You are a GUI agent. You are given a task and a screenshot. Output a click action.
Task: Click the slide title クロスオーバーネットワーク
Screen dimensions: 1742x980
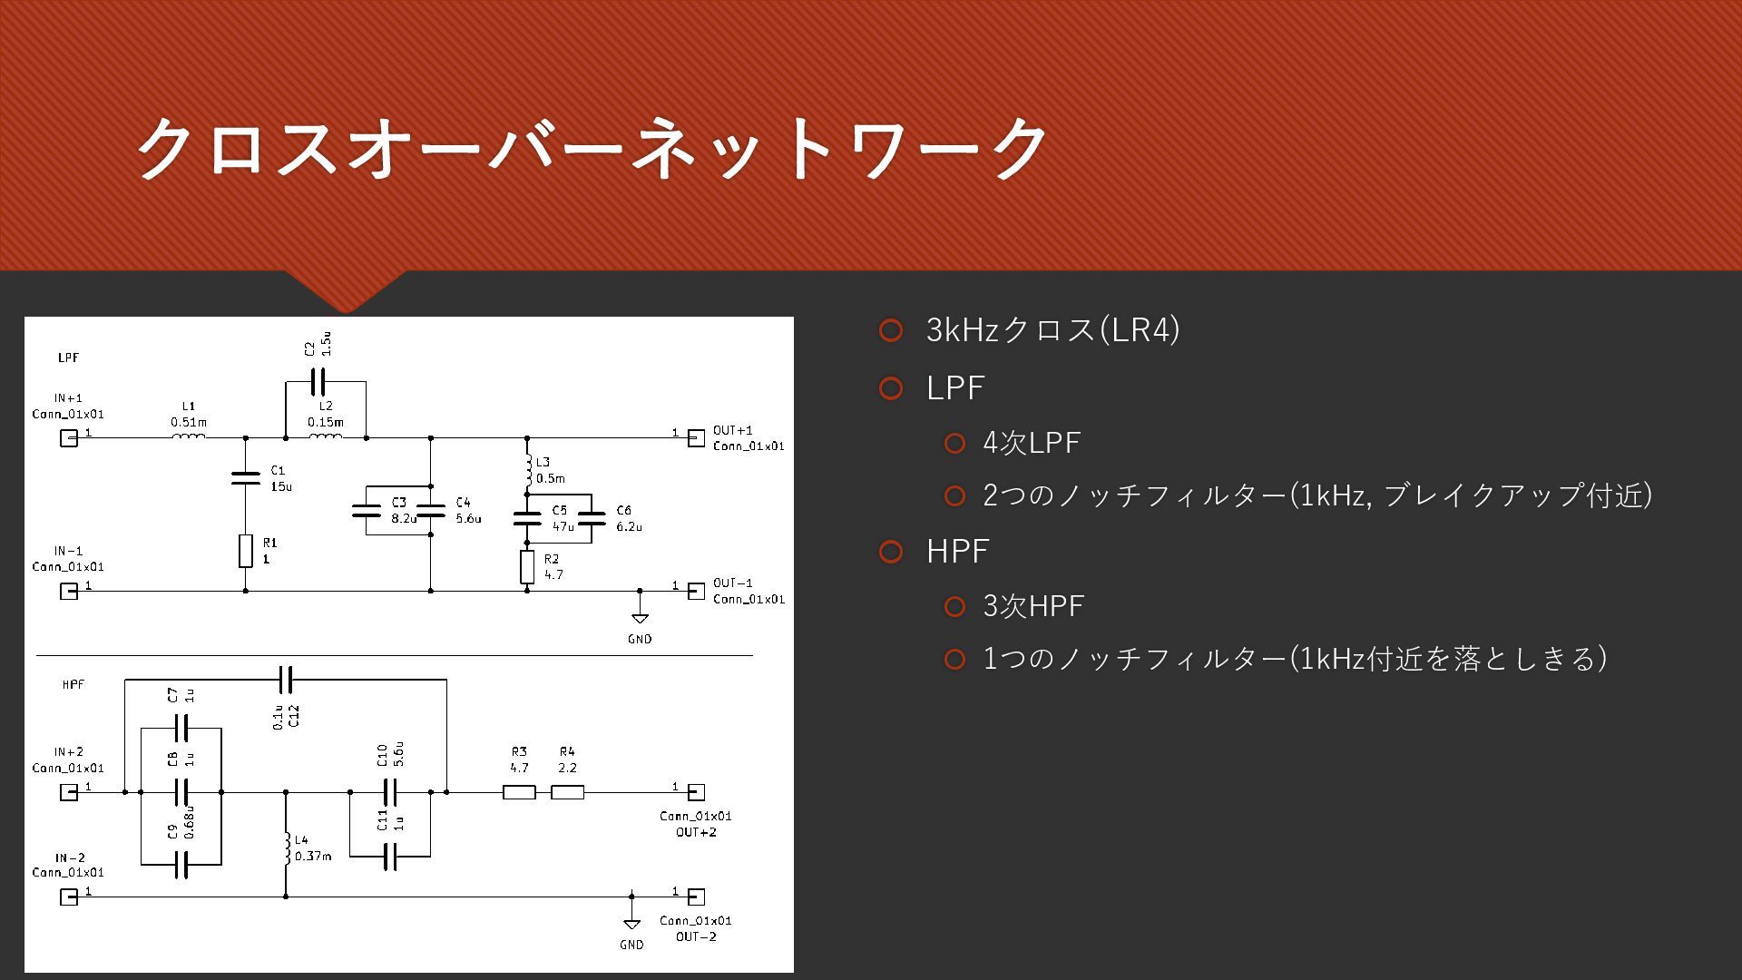tap(592, 147)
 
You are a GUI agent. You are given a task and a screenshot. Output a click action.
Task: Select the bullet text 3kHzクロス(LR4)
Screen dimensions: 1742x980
tap(1052, 329)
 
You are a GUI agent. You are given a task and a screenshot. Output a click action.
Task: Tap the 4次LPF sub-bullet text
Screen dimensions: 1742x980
tap(1032, 443)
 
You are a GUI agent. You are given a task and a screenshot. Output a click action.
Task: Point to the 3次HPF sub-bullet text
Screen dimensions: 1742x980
tap(1033, 606)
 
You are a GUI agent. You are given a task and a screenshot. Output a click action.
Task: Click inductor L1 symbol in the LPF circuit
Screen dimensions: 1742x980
tap(189, 436)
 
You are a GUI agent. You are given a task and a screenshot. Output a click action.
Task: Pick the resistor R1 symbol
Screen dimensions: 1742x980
tap(245, 551)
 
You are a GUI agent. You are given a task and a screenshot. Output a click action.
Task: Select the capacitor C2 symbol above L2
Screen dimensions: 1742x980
tap(318, 382)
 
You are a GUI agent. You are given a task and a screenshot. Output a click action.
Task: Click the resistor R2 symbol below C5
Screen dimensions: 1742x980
tap(527, 567)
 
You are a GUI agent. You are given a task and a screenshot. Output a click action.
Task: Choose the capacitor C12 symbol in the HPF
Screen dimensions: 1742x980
tap(286, 679)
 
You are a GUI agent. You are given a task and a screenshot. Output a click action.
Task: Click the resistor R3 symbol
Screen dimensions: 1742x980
tap(519, 792)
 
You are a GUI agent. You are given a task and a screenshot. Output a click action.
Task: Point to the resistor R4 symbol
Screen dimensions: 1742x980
tap(567, 792)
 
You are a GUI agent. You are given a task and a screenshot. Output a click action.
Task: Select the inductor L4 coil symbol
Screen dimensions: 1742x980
tap(287, 848)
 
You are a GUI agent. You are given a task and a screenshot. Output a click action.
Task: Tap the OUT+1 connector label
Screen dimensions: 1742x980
tap(732, 430)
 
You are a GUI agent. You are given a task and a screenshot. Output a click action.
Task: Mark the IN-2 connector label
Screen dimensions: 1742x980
tap(69, 857)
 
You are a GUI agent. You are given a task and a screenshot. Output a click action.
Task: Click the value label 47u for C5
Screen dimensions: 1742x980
tap(563, 526)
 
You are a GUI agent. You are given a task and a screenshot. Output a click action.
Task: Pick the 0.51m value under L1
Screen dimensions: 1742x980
tap(189, 422)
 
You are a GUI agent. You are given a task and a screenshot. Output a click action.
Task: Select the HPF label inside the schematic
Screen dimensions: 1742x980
tap(73, 684)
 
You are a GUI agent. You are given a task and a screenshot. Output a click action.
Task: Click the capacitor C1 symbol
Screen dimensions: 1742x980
tap(245, 477)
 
